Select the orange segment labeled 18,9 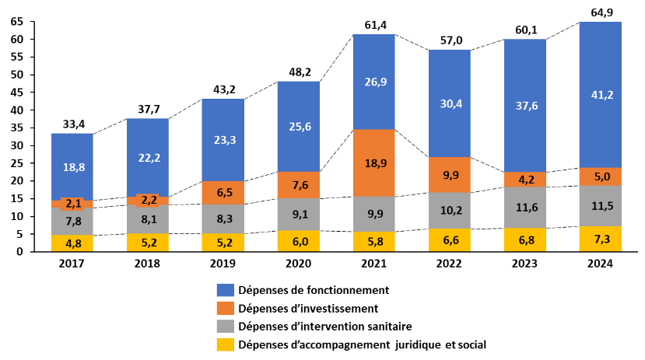click(373, 163)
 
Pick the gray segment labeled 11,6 click(525, 208)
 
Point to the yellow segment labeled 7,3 click(600, 239)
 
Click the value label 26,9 click(376, 82)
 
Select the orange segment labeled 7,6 click(298, 185)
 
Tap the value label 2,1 click(73, 204)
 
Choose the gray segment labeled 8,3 click(223, 219)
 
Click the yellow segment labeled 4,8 click(72, 243)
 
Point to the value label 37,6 click(527, 106)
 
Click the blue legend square click(225, 290)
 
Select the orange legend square click(225, 308)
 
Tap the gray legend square click(225, 327)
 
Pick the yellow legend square click(225, 344)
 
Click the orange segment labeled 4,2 click(525, 180)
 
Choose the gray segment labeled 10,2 click(450, 210)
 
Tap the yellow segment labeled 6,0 click(298, 241)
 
